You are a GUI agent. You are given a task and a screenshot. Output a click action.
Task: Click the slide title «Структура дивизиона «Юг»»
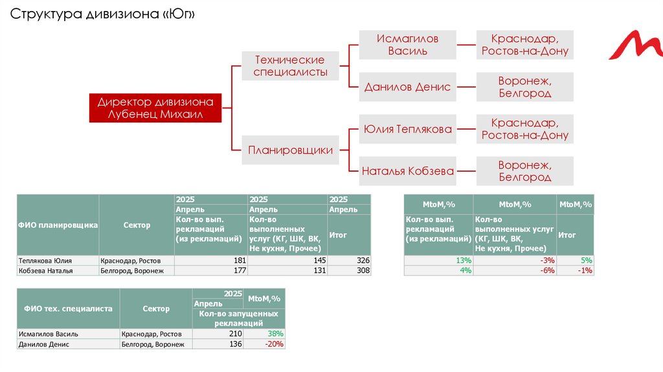(x=102, y=15)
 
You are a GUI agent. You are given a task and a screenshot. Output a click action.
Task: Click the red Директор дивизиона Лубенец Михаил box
(x=155, y=108)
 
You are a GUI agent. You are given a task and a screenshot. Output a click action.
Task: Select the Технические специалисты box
(x=290, y=65)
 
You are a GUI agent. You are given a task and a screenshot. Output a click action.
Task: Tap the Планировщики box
(x=290, y=150)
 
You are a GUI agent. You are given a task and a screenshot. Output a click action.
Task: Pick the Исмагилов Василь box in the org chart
(x=407, y=45)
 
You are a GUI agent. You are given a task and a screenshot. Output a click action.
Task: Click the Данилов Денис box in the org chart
(x=407, y=87)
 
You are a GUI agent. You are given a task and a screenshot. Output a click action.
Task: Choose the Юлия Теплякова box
(x=407, y=129)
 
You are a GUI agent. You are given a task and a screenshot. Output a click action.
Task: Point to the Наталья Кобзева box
(x=407, y=171)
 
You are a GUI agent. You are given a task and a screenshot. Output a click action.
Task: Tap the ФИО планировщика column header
(x=58, y=225)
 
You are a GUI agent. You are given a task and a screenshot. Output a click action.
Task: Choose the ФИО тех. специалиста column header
(x=68, y=309)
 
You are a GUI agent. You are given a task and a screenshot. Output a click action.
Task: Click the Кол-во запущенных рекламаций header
(x=238, y=318)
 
